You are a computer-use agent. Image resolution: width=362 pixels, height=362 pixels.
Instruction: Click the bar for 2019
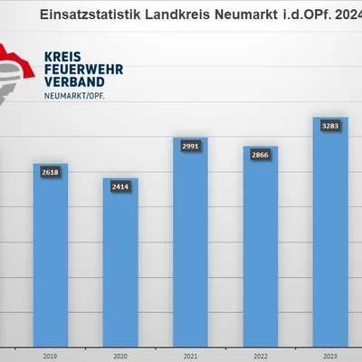click(x=51, y=255)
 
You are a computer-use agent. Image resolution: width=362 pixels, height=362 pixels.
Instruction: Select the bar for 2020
click(x=120, y=262)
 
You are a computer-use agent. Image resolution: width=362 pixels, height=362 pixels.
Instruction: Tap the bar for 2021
click(x=190, y=243)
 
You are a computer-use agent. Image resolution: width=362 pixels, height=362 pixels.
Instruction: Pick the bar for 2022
click(x=261, y=246)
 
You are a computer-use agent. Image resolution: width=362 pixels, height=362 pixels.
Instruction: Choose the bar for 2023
click(x=330, y=232)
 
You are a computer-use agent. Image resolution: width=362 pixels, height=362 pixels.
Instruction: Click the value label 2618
click(x=51, y=172)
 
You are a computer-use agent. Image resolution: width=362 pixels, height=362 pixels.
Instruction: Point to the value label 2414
click(x=120, y=186)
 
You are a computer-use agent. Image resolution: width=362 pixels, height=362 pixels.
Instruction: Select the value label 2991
click(x=190, y=147)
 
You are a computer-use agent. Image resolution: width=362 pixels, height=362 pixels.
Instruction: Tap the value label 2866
click(x=260, y=155)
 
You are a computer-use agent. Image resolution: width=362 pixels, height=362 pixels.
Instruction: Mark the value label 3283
click(x=330, y=126)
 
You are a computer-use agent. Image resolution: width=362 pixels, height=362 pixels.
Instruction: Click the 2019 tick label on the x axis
click(x=50, y=357)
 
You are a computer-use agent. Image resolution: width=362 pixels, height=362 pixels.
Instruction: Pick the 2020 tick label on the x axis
click(x=120, y=357)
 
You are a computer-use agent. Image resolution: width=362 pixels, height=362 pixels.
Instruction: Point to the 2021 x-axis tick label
click(x=190, y=357)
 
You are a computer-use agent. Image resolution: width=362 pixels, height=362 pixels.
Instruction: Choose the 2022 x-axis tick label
click(x=261, y=357)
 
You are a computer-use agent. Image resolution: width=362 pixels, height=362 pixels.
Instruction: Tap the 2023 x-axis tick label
click(x=330, y=357)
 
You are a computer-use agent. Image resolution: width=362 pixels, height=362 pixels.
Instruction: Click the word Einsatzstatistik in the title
click(x=90, y=14)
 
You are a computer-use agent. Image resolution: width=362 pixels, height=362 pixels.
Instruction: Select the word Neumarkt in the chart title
click(x=246, y=14)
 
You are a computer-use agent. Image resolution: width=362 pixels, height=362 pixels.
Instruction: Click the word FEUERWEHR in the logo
click(x=84, y=70)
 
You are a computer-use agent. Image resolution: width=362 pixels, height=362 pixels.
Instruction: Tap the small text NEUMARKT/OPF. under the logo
click(x=74, y=96)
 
